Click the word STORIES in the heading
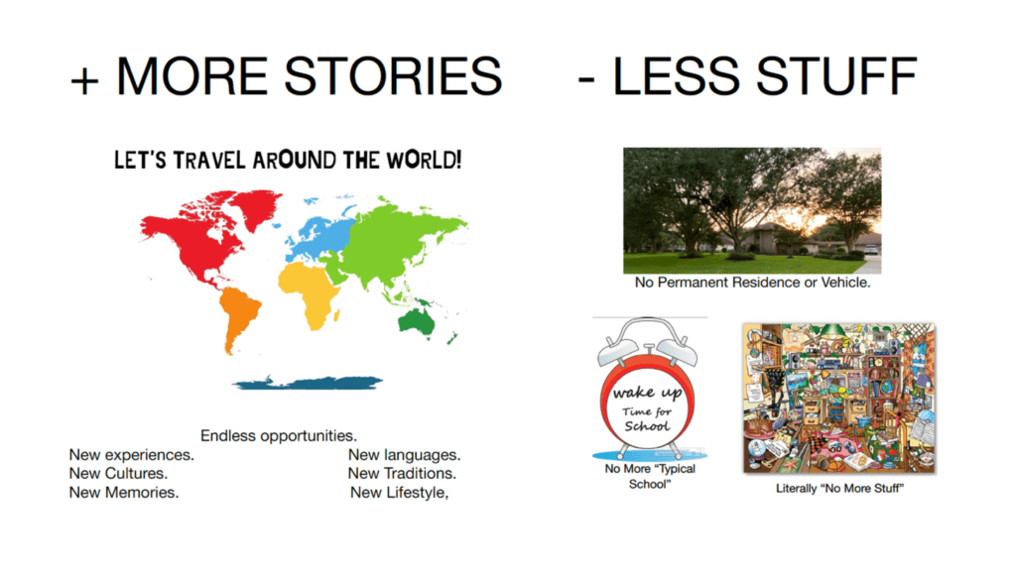click(x=393, y=75)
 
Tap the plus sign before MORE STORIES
click(x=85, y=81)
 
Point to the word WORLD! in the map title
click(x=425, y=160)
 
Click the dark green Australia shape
click(x=417, y=321)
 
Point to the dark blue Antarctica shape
click(x=308, y=383)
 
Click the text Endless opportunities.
click(x=279, y=436)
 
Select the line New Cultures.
click(x=119, y=473)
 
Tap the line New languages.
click(x=405, y=455)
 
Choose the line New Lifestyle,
click(x=400, y=493)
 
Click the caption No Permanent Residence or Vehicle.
click(x=752, y=283)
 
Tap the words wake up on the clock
click(x=647, y=393)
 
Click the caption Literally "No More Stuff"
click(x=839, y=488)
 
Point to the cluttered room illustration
click(x=839, y=399)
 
